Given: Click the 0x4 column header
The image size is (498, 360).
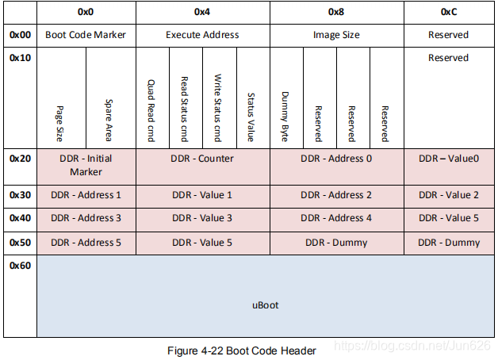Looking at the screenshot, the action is coord(202,13).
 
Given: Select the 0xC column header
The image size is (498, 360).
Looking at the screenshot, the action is coord(448,13).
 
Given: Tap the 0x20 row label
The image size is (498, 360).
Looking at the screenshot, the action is coord(20,159).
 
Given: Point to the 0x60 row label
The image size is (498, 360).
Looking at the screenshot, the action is coord(20,265).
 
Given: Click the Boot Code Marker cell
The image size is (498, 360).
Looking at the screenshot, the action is coord(86,35).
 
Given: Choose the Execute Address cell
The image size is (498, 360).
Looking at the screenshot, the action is coord(202,35).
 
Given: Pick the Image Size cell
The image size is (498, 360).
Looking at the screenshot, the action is coord(337,35).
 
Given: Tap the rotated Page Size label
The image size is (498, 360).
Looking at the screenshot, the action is coord(60,123).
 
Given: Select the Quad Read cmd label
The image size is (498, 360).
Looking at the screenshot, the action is coord(151,110).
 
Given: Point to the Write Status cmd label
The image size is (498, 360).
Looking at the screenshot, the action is coord(218,109).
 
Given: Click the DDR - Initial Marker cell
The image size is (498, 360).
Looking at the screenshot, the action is coord(86,165).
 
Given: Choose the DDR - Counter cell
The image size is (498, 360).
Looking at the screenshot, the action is coord(202,159).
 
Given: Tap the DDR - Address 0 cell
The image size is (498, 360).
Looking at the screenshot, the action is coord(337,159).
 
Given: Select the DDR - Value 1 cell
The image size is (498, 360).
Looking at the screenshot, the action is coord(202,195).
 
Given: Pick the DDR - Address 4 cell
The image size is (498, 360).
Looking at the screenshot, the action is coord(337,218).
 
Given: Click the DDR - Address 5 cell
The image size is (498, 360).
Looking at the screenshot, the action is coord(86,243).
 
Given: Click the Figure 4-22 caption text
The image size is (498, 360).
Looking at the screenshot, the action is coord(242,350).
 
